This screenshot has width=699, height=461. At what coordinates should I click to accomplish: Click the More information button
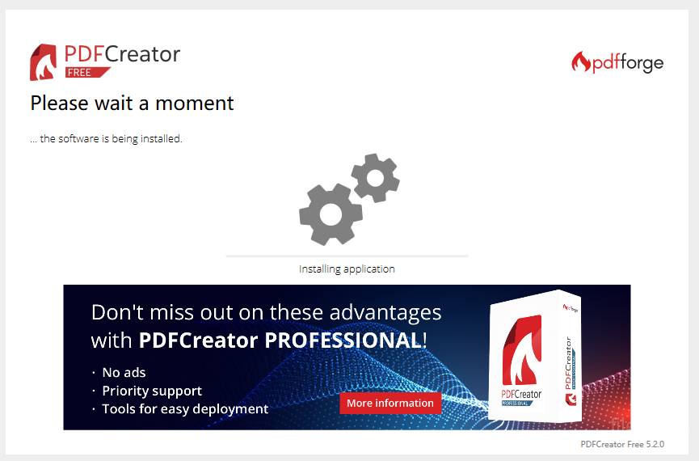coord(390,403)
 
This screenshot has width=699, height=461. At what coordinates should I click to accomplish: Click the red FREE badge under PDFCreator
coord(87,72)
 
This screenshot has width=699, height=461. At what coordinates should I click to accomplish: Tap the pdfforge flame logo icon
coord(581,62)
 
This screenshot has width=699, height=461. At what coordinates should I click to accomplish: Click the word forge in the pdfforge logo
coord(642,63)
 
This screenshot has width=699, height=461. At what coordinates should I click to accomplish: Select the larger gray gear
coord(331,214)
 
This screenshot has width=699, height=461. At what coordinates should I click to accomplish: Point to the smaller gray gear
coord(375,178)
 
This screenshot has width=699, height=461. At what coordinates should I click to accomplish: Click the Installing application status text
coord(347,269)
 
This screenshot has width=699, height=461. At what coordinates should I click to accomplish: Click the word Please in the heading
coord(59,103)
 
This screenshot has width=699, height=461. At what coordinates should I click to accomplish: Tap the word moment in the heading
coord(195,104)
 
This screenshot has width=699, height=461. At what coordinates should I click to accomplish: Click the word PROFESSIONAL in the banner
coord(343,340)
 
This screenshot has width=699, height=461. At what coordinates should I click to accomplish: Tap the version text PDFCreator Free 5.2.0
coord(622,444)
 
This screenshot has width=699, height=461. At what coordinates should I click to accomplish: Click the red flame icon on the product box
coord(522,349)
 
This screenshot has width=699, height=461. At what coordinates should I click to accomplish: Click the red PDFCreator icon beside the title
coord(44,62)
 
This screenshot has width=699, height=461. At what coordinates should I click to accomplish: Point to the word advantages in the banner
coord(385,313)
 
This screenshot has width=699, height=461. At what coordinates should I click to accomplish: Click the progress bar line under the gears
coord(347,256)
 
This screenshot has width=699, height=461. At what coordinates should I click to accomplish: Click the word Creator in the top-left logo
coord(143,54)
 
